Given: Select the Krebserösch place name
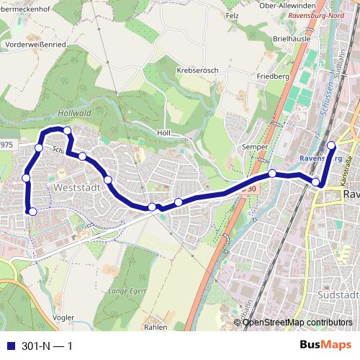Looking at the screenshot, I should pyautogui.click(x=196, y=71).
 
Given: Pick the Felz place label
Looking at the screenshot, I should pyautogui.click(x=231, y=15).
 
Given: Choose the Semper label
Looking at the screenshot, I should pyautogui.click(x=254, y=147).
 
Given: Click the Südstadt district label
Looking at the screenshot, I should pyautogui.click(x=338, y=295).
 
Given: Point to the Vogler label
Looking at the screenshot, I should pyautogui.click(x=64, y=318).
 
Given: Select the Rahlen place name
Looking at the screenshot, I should pyautogui.click(x=156, y=326).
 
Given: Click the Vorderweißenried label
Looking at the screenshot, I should pyautogui.click(x=35, y=43).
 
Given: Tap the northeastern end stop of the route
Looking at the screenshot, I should pyautogui.click(x=331, y=145).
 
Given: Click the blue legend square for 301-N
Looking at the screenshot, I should pyautogui.click(x=10, y=346).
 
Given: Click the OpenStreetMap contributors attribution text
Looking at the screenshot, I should pyautogui.click(x=298, y=323).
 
